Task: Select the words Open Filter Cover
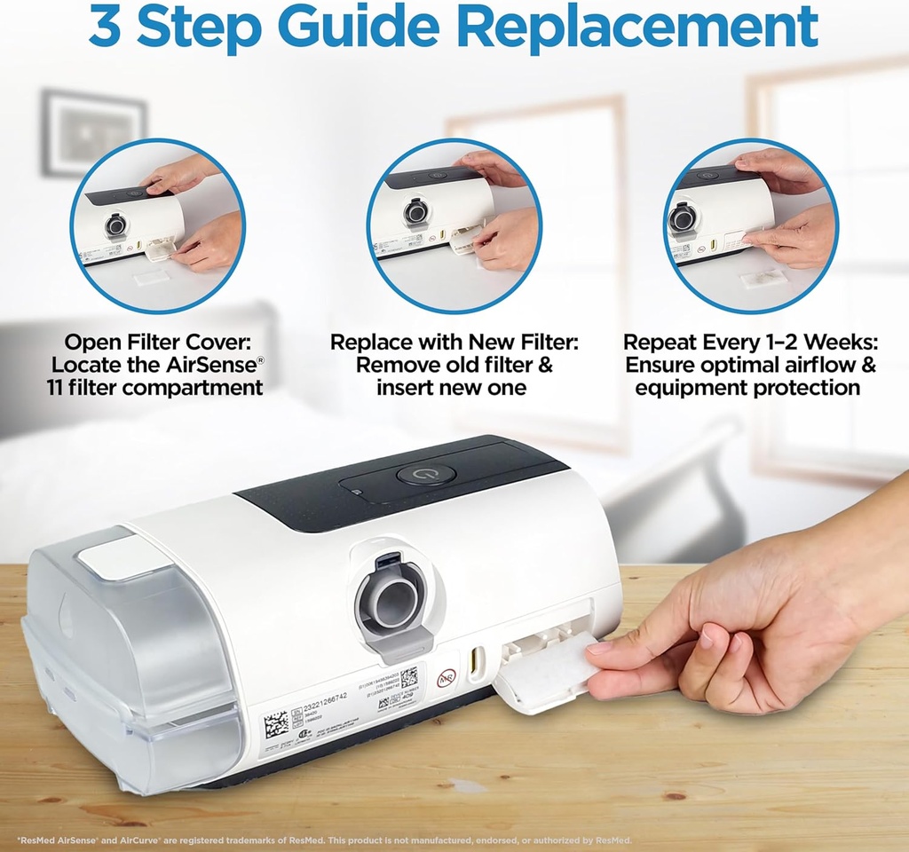pos(155,343)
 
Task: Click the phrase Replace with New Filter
pos(454,343)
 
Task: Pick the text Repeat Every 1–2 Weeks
pos(750,343)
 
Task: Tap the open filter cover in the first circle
pos(158,252)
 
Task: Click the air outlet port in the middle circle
pos(414,213)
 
